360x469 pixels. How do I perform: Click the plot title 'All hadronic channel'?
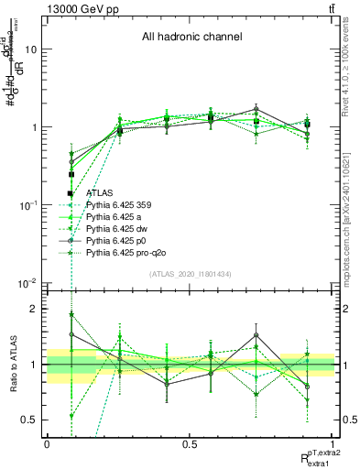[x=191, y=38]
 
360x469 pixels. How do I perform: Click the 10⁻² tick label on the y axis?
[x=28, y=283]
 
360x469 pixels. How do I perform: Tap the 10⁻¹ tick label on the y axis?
[x=28, y=205]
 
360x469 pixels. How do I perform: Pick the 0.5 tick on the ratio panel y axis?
[x=32, y=420]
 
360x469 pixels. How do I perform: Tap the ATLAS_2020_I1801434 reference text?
[x=191, y=275]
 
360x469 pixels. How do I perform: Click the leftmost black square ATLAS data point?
[x=71, y=174]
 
